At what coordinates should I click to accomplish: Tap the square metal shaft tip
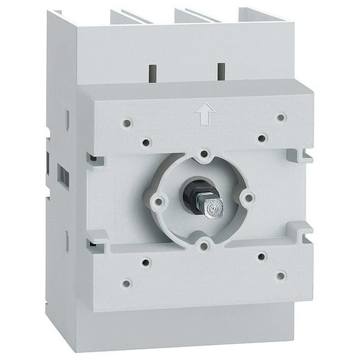tap(214, 208)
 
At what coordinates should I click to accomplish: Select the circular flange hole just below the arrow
tap(204, 153)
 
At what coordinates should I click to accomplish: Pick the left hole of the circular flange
tap(159, 201)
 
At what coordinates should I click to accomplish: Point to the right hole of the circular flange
tap(248, 198)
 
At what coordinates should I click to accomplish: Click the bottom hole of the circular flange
tap(204, 246)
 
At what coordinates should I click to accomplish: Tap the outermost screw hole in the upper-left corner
tap(127, 123)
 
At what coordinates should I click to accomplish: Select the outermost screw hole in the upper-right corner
tap(281, 117)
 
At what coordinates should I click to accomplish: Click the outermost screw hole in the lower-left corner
tap(127, 283)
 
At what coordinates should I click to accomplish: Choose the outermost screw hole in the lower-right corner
tap(281, 275)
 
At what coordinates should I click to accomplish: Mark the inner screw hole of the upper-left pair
tap(146, 142)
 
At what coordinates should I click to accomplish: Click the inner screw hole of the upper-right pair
tap(262, 137)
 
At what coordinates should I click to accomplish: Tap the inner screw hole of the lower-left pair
tap(146, 262)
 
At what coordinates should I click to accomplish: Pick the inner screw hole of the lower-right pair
tap(262, 256)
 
